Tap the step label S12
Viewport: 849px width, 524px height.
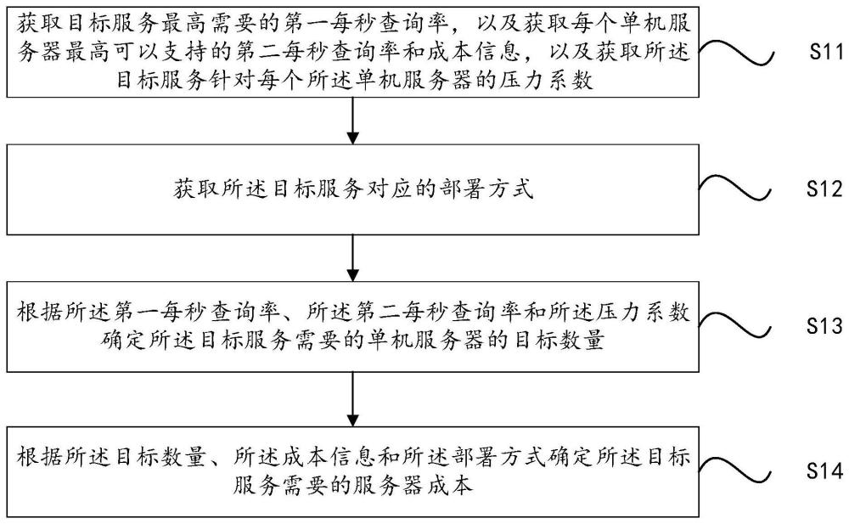pos(820,191)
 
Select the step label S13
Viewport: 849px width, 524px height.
pos(820,326)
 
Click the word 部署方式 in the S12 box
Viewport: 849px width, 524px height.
pos(492,189)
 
